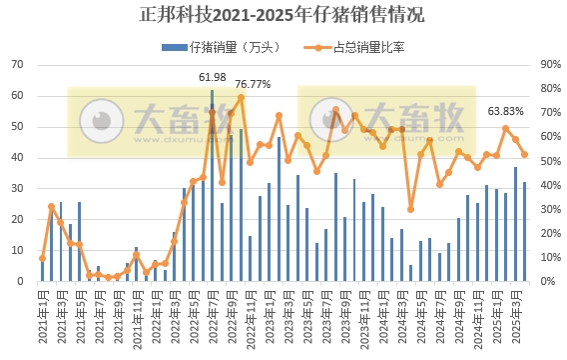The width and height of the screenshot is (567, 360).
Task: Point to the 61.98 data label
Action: tap(212, 77)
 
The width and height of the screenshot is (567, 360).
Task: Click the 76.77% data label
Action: tap(253, 84)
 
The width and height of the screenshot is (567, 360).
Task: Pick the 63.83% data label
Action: tap(505, 111)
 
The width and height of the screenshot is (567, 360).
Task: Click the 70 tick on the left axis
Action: tap(17, 65)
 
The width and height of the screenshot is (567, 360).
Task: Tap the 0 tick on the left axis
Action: tap(20, 282)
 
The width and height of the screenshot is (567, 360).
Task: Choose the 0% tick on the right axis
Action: tap(549, 282)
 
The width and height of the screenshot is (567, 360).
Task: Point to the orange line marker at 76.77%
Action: tap(241, 97)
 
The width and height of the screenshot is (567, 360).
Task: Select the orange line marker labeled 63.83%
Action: tap(505, 128)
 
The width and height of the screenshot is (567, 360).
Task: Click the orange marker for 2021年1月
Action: tap(42, 258)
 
